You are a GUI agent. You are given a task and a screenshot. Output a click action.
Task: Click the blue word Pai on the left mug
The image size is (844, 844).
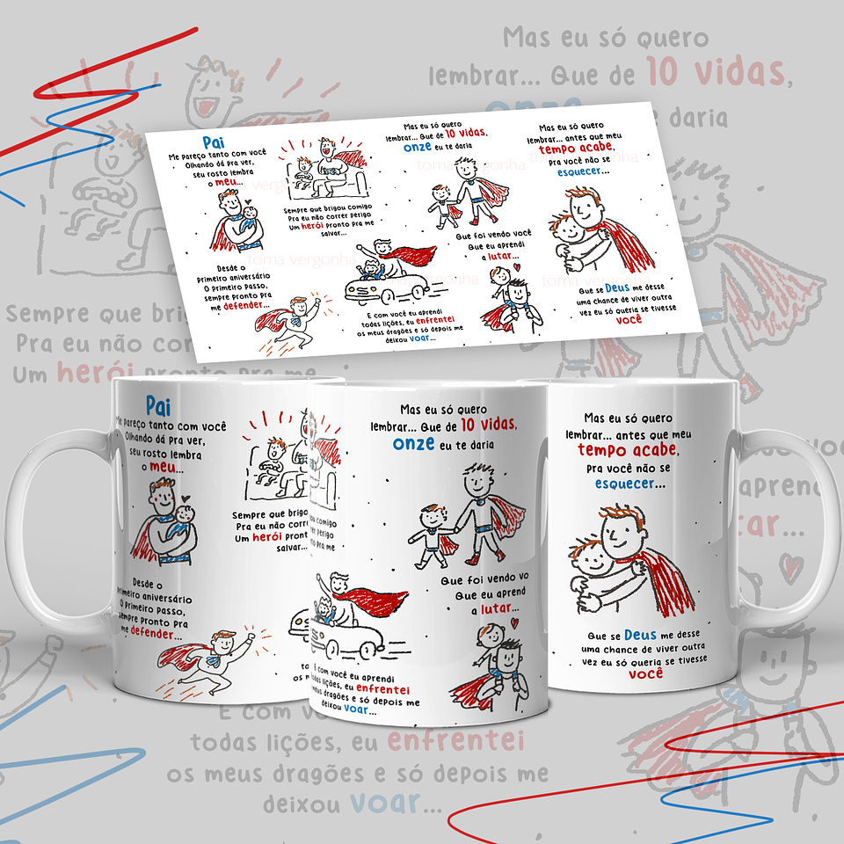pos(157,405)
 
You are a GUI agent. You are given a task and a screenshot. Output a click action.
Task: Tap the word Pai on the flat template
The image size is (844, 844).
pos(211,142)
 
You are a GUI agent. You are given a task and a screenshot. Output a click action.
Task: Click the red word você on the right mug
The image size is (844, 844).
pos(646,674)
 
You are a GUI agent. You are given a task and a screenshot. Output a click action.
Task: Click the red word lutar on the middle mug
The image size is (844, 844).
pos(501,608)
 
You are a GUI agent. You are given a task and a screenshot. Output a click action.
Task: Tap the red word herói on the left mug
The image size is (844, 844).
pos(266,538)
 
